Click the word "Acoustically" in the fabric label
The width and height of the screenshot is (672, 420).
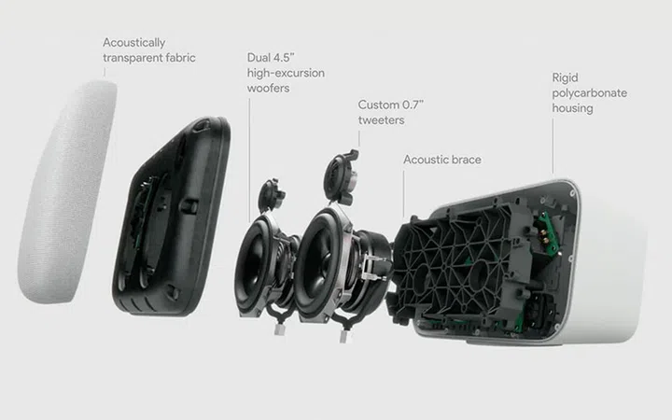point(133,43)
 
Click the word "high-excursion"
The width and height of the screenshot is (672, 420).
point(286,74)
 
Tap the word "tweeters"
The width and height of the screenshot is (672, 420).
point(381,120)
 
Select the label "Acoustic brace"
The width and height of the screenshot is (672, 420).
point(442,160)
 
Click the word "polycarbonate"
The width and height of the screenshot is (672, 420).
point(589,93)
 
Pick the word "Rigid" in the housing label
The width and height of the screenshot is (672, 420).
point(565,78)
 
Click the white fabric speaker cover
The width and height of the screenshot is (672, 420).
point(67,192)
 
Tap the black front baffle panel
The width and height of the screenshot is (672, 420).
point(172,217)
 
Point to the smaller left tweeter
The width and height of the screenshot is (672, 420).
point(271,196)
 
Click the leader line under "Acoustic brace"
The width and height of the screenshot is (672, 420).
point(403,194)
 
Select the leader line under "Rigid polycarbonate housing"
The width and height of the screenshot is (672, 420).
point(553,147)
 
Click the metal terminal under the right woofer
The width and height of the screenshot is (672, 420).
point(343,336)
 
